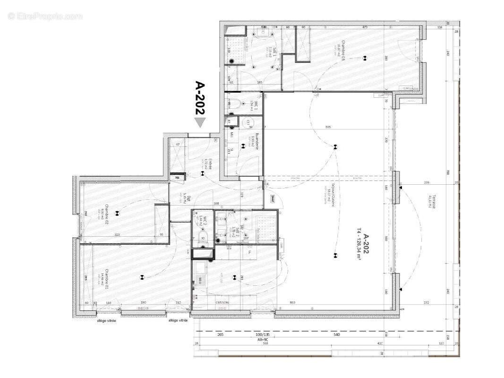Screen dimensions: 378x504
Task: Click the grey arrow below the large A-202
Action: pos(200,122)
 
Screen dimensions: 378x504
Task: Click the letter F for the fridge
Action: pos(249,253)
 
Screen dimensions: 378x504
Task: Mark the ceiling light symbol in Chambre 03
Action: pos(364,59)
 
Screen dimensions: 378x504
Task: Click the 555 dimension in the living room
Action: pos(328,127)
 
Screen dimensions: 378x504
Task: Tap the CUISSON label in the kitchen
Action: pos(222,303)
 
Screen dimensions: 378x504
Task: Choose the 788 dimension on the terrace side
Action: pos(447,172)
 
